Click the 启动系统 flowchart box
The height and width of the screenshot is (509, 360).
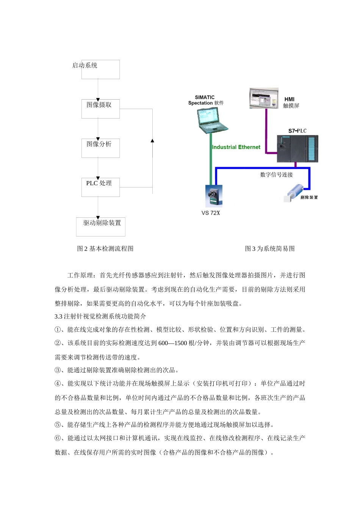pyautogui.click(x=100, y=69)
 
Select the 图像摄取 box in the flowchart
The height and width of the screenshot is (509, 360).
pyautogui.click(x=100, y=109)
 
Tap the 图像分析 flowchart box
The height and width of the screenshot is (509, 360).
pyautogui.click(x=100, y=148)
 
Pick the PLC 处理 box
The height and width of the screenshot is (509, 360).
pyautogui.click(x=100, y=187)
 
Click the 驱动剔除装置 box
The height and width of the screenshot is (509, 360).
pyautogui.click(x=100, y=226)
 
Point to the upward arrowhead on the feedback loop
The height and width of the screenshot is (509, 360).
pyautogui.click(x=152, y=141)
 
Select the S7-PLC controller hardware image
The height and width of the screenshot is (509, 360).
pyautogui.click(x=297, y=149)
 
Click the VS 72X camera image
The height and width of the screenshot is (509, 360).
pyautogui.click(x=214, y=195)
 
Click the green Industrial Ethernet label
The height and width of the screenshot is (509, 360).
pyautogui.click(x=236, y=147)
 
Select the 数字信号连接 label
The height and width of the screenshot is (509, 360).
pyautogui.click(x=276, y=175)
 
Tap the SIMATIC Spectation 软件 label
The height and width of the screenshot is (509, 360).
pyautogui.click(x=206, y=100)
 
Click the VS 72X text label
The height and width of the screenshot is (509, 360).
pyautogui.click(x=211, y=213)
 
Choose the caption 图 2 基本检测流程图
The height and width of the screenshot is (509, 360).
pyautogui.click(x=105, y=248)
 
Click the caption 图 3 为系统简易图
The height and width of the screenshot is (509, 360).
pyautogui.click(x=269, y=248)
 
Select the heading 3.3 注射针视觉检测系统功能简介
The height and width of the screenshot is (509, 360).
pyautogui.click(x=100, y=316)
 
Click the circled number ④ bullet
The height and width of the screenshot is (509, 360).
pyautogui.click(x=58, y=383)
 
